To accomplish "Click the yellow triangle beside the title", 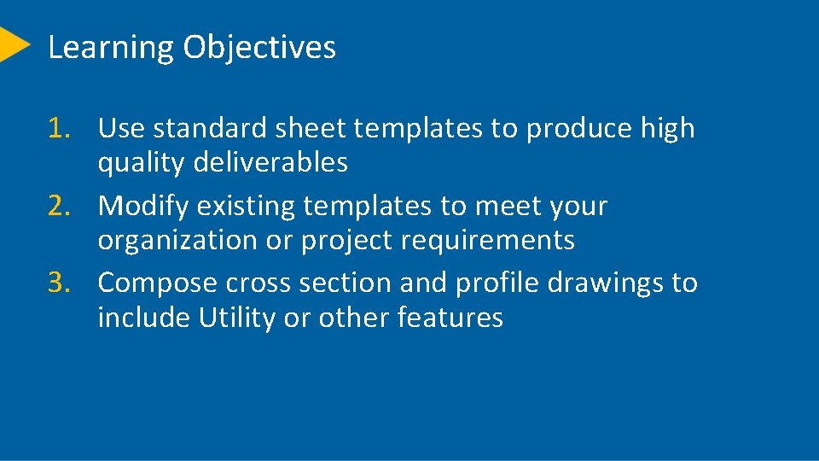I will tap(13, 44).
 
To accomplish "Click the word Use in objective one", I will tap(121, 129).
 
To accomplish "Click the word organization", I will tap(178, 241).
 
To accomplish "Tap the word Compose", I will tap(157, 283).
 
